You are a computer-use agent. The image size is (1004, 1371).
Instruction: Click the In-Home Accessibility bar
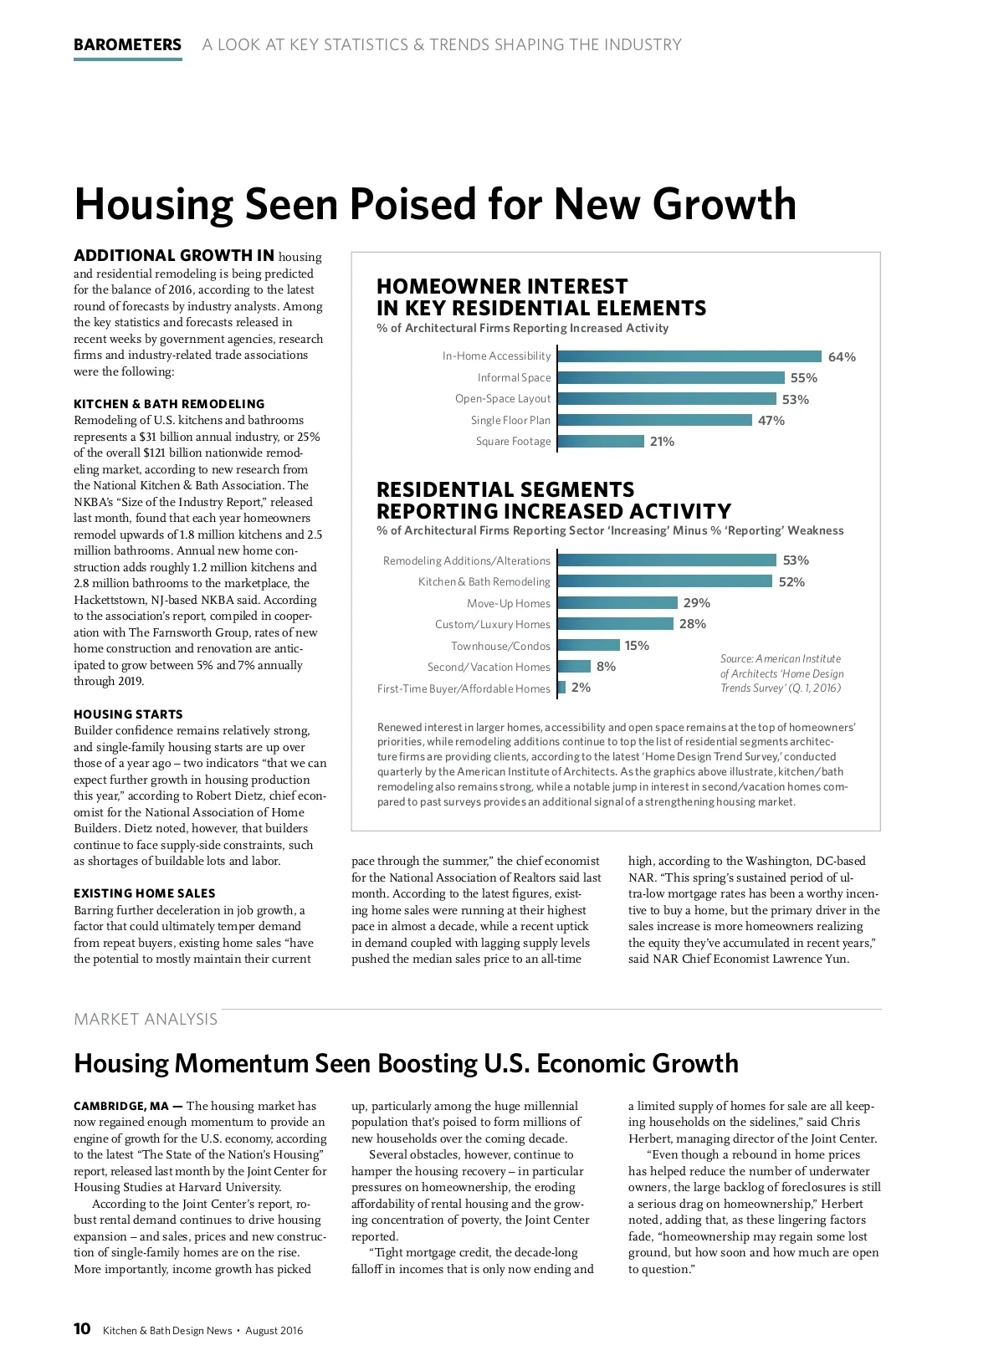689,356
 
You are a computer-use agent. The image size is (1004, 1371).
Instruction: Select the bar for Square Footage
601,442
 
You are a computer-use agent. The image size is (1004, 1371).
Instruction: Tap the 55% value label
803,378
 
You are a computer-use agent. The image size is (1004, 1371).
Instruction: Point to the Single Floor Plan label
510,421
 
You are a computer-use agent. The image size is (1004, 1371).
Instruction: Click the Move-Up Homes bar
617,603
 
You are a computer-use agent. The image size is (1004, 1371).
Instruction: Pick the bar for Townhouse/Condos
588,645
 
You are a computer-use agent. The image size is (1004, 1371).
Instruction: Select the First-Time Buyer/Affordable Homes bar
561,688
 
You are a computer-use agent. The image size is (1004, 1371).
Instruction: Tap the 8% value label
606,667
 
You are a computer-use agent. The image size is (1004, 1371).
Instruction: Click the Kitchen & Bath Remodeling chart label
484,582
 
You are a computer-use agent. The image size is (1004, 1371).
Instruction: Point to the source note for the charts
781,673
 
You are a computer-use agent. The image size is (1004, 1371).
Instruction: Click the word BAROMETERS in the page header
127,45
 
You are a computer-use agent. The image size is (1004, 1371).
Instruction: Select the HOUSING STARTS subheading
128,714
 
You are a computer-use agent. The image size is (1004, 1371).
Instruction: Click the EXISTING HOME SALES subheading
144,893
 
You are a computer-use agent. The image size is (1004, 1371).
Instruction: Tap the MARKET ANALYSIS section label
146,1019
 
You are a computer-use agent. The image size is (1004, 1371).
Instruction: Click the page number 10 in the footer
82,1329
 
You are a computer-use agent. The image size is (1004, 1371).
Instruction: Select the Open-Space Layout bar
667,399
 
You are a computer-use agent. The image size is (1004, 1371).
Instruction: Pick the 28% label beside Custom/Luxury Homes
693,624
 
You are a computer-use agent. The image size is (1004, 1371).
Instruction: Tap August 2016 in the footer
274,1331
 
